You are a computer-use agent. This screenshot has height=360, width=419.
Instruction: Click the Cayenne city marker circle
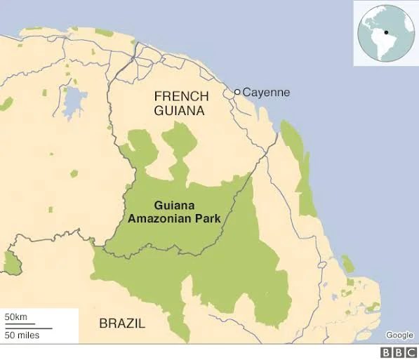(x=237, y=92)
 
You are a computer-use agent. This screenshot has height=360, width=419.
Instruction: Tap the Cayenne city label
(x=266, y=92)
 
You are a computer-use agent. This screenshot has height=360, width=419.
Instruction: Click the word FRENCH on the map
(x=181, y=96)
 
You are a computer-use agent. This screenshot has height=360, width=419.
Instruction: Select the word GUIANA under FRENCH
(x=181, y=111)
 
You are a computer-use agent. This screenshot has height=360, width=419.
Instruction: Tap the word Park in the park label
(x=208, y=218)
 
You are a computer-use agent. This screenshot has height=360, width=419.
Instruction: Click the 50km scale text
(x=16, y=317)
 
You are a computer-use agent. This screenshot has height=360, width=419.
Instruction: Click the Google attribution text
(x=399, y=335)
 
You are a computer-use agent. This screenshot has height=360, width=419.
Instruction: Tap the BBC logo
(x=397, y=352)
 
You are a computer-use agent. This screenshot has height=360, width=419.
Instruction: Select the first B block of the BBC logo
(x=386, y=352)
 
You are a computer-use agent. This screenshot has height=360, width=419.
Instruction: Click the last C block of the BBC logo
(x=409, y=352)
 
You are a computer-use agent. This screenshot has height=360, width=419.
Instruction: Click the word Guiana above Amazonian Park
(x=175, y=206)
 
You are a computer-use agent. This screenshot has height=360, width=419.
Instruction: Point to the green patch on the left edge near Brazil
(x=11, y=262)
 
